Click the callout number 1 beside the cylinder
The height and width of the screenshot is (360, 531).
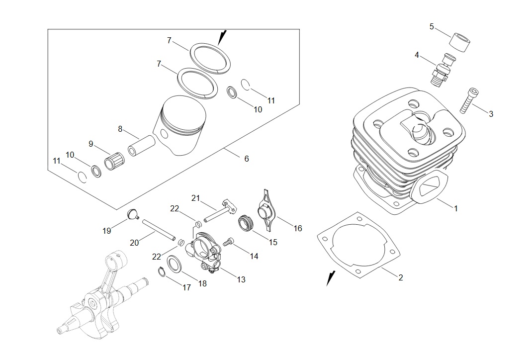pos(456,209)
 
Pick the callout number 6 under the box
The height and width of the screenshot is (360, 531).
pos(247,159)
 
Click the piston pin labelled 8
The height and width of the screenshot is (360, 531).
pos(141,146)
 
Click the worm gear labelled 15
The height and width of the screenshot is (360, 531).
pos(246,223)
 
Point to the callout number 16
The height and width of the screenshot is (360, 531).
pos(298,229)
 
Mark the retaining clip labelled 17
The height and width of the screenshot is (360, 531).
pos(162,271)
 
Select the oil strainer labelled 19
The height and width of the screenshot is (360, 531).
pos(133,215)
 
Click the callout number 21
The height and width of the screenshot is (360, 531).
pos(196,198)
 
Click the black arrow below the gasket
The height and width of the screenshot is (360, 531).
pos(331,278)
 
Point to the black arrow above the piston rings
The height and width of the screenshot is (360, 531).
pos(222,38)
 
